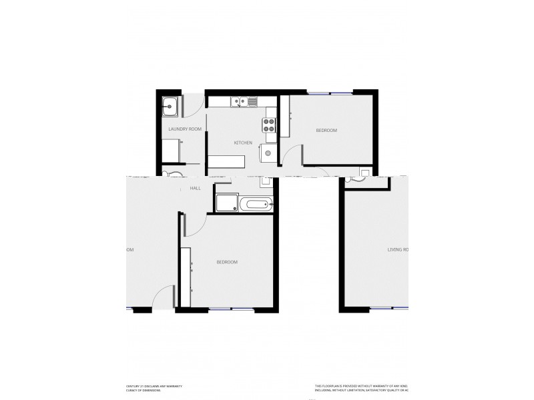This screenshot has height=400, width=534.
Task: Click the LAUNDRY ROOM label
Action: (x=185, y=129)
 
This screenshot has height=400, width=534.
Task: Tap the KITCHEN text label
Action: (x=242, y=143)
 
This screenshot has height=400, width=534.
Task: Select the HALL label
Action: (x=196, y=189)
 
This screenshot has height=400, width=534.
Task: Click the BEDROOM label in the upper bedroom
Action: (x=326, y=131)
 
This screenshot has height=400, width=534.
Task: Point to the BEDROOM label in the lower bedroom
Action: (x=227, y=262)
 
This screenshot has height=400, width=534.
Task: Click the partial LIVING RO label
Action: (x=398, y=250)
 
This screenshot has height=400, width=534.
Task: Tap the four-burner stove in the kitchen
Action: (x=270, y=123)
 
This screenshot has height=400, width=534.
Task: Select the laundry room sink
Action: (x=170, y=105)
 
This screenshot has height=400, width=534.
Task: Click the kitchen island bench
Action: (x=227, y=161)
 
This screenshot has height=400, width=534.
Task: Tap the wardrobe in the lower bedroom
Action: (x=188, y=273)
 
